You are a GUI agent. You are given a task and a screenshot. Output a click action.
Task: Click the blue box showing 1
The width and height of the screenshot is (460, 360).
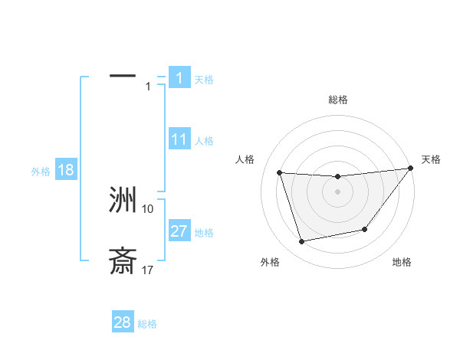pos(179,77)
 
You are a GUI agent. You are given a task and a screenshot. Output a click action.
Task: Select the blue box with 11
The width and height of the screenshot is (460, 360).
pos(179,139)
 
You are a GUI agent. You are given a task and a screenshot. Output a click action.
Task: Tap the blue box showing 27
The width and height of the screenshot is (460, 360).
pos(179,231)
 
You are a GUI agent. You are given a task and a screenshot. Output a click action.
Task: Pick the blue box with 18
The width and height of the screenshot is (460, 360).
pos(66,170)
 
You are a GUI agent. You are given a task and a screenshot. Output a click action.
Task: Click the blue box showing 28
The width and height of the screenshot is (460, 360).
pos(123,322)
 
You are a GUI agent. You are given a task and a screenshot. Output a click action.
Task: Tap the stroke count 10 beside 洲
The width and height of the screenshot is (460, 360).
pos(148,208)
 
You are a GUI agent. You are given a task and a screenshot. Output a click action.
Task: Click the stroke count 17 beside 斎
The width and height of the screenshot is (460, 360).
pos(148,270)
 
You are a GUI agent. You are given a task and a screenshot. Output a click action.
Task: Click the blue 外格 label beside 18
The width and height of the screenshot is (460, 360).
pos(40,172)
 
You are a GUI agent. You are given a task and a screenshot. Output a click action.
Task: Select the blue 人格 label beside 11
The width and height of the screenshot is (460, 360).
pos(204,141)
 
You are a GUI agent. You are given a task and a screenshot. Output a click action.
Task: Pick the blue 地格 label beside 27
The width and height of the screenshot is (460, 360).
pos(204,233)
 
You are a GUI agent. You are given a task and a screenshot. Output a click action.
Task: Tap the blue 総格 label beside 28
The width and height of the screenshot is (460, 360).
pos(147,324)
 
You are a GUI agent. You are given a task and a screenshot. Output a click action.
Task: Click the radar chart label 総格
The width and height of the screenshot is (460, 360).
pos(337,100)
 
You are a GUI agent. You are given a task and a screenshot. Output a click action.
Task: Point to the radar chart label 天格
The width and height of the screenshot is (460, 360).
pos(431,159)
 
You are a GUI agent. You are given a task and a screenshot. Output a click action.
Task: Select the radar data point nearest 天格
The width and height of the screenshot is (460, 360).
pos(411,169)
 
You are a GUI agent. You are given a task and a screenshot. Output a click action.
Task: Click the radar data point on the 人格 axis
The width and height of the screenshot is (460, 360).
pos(279,173)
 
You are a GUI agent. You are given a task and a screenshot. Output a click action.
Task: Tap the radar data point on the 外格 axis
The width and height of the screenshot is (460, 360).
pos(302,242)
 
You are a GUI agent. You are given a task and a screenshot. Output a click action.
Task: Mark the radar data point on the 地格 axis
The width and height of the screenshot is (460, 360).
pos(365,229)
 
